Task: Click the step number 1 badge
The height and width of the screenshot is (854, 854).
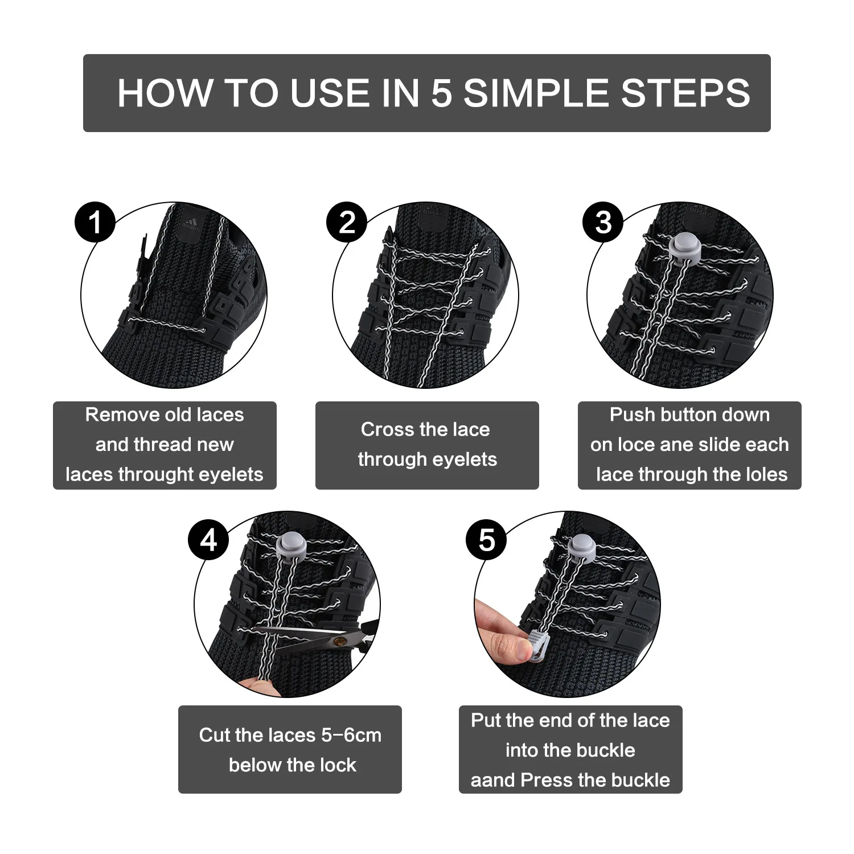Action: pos(95,222)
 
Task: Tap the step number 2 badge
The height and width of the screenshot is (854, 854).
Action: pos(347,222)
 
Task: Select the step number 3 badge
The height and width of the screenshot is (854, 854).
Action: pos(603,222)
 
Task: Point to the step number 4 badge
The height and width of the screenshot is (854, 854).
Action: pos(209,539)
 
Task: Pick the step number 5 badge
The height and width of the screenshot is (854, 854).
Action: pos(487,539)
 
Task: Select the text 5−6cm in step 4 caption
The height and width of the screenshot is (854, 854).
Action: pos(351,735)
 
